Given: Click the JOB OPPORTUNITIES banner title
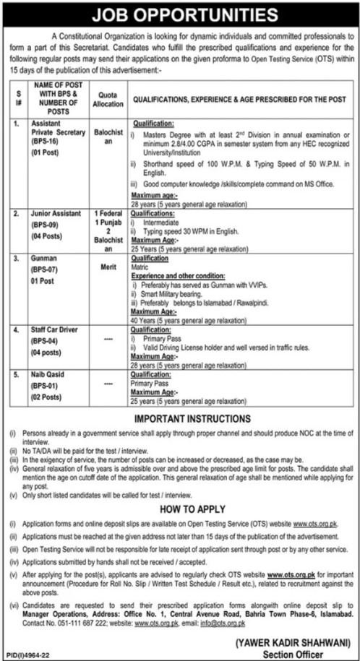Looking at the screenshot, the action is point(180,14).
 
